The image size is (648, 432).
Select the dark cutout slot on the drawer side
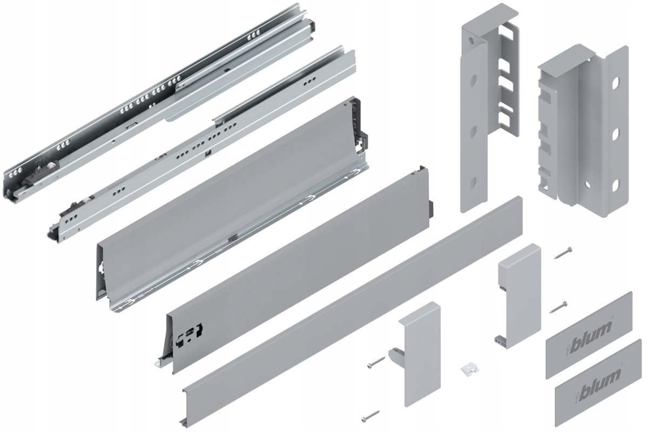tap(192, 332)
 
